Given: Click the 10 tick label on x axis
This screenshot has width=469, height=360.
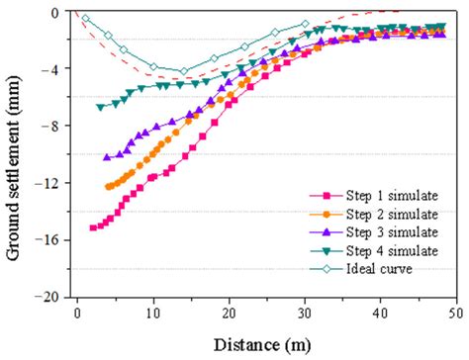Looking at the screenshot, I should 153,313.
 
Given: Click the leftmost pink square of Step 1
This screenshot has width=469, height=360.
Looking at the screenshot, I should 93,227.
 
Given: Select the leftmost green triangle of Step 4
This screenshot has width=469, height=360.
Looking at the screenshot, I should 100,107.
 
